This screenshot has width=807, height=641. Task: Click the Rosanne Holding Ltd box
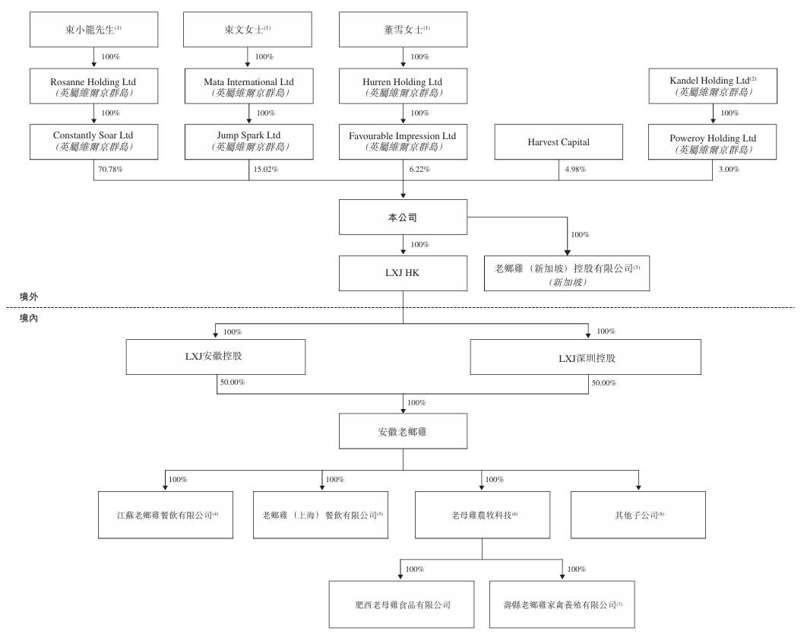pos(93,86)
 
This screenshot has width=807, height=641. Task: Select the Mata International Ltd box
pos(248,86)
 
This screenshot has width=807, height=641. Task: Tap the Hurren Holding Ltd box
pos(403,86)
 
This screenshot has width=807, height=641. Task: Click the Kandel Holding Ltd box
pos(713,86)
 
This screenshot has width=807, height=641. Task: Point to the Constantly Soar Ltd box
pos(93,141)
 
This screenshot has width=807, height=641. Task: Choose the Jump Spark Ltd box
pos(248,141)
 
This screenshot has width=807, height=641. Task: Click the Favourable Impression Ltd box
pos(403,141)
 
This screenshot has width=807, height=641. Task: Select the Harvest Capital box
pos(559,141)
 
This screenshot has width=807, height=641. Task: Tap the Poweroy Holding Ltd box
pos(712,141)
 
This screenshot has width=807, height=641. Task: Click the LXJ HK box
pos(403,274)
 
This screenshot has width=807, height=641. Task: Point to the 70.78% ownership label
pos(111,170)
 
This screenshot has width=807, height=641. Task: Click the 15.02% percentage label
pos(265,170)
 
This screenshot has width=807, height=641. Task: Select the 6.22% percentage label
pos(419,170)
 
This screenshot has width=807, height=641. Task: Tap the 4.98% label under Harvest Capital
pos(575,170)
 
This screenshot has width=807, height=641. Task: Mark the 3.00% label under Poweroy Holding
pos(729,170)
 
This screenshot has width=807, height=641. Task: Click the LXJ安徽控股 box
pos(216,357)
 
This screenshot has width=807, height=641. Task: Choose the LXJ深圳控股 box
pos(586,357)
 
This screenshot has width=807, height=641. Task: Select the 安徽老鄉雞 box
pos(403,431)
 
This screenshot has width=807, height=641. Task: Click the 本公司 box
pos(403,217)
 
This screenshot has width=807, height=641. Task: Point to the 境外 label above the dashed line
pos(29,297)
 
